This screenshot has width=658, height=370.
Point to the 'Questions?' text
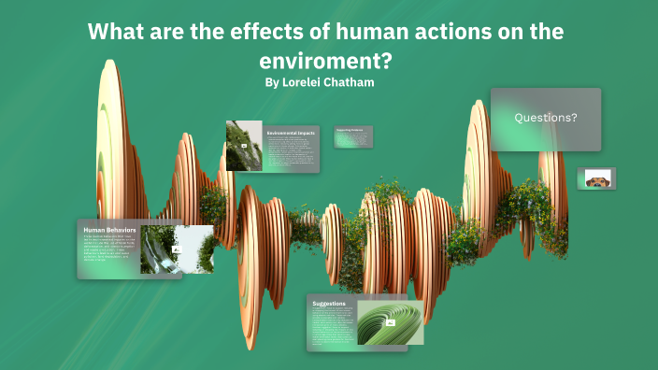(546, 118)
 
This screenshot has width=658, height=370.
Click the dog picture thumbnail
(595, 178)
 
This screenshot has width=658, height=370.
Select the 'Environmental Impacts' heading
(291, 134)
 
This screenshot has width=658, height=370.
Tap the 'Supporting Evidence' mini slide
(354, 136)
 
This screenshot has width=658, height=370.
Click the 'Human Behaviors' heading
(110, 229)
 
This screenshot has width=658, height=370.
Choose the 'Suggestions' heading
(329, 304)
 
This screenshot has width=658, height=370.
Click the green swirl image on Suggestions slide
(390, 322)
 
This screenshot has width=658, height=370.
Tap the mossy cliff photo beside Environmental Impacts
(243, 146)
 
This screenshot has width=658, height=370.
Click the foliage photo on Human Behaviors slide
(177, 249)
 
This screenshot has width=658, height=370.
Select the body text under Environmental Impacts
(291, 151)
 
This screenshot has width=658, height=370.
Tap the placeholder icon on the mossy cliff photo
(244, 146)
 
